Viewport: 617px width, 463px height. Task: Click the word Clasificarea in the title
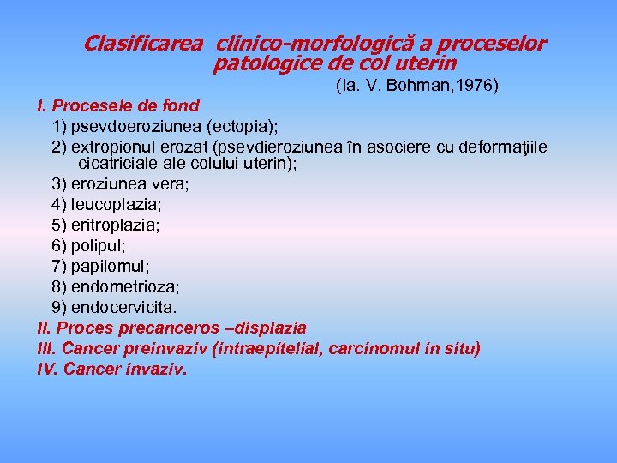pos(143,44)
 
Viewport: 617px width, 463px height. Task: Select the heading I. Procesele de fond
pos(118,106)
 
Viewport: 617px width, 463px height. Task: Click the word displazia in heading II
pos(268,328)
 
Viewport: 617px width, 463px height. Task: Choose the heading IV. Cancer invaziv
pos(112,370)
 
